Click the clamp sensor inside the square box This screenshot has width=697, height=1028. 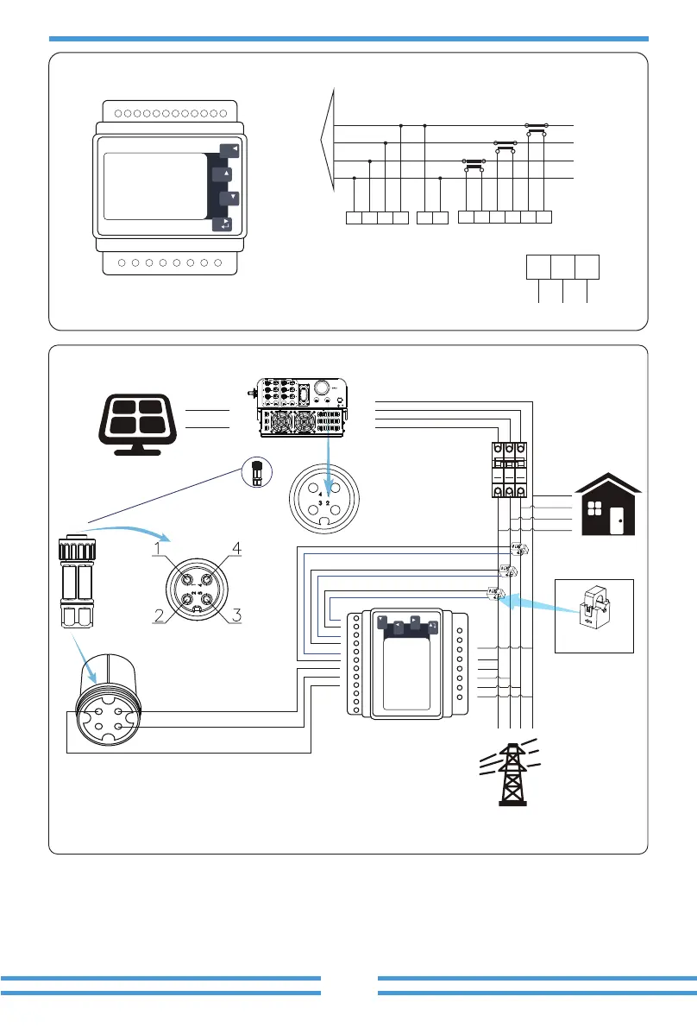pos(593,614)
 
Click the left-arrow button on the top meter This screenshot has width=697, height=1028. pos(229,150)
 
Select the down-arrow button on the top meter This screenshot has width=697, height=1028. pos(227,199)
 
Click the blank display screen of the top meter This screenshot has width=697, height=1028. pos(154,186)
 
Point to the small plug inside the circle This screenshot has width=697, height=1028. pos(255,473)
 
